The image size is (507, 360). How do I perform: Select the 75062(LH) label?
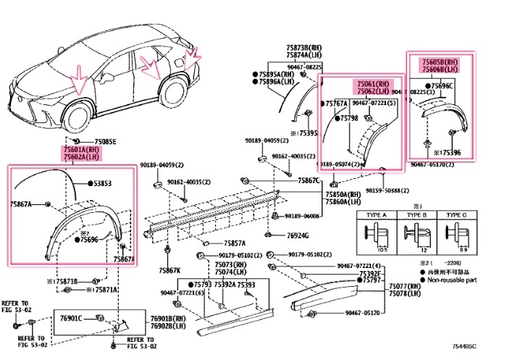[372, 92]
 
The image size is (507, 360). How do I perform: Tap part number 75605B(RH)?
[441, 63]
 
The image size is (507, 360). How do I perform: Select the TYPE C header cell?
[456, 215]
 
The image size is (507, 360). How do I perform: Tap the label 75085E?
[105, 141]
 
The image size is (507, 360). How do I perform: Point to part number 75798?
[350, 117]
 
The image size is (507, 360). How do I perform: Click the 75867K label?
[169, 270]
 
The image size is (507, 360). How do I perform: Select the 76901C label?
[71, 318]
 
